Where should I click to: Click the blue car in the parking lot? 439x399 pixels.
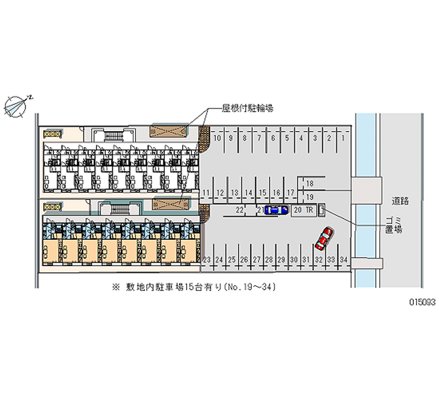276,210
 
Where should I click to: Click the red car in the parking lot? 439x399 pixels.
324,237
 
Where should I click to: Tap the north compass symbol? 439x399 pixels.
17,105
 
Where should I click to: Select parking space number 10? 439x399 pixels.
217,138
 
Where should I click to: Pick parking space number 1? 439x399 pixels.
343,138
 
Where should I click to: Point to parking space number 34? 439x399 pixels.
344,259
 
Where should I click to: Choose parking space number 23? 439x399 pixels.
207,259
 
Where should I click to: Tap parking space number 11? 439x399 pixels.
206,193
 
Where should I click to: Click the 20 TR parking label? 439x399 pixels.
303,210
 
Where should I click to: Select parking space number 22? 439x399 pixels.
239,210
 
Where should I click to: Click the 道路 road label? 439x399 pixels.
400,201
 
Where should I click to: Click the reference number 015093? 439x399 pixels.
419,301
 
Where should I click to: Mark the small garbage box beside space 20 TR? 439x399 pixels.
322,210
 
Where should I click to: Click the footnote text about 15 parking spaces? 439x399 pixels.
197,287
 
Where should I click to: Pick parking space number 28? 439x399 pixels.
269,259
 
